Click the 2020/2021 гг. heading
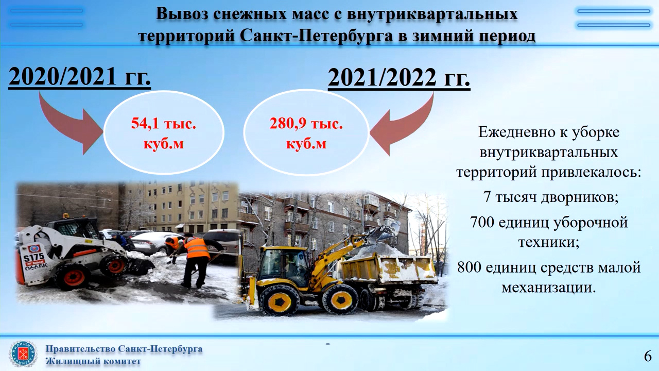(79, 77)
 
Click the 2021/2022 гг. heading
(399, 78)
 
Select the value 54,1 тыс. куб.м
(164, 133)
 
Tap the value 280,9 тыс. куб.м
(306, 133)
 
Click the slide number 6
(648, 356)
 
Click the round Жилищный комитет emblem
(23, 353)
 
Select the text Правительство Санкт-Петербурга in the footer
(124, 349)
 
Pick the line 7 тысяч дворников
(551, 197)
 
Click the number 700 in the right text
(482, 222)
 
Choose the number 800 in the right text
(469, 267)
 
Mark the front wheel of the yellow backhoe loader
(279, 300)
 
